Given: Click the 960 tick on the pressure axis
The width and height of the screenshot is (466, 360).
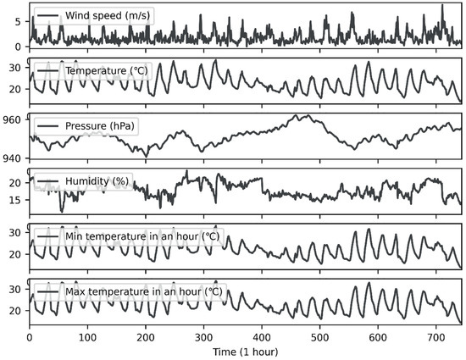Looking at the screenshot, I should [14, 120].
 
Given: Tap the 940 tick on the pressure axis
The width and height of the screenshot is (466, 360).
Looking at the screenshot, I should [14, 158].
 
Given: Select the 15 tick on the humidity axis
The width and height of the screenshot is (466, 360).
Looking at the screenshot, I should [18, 200].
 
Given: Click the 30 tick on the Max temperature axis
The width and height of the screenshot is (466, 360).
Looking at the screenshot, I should [18, 289].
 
